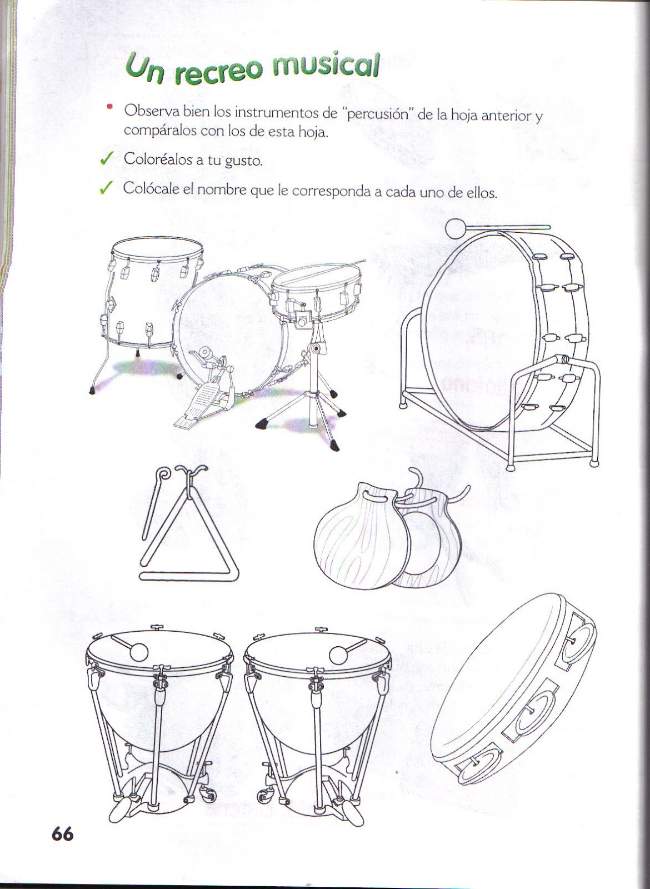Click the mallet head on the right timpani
tap(338, 656)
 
